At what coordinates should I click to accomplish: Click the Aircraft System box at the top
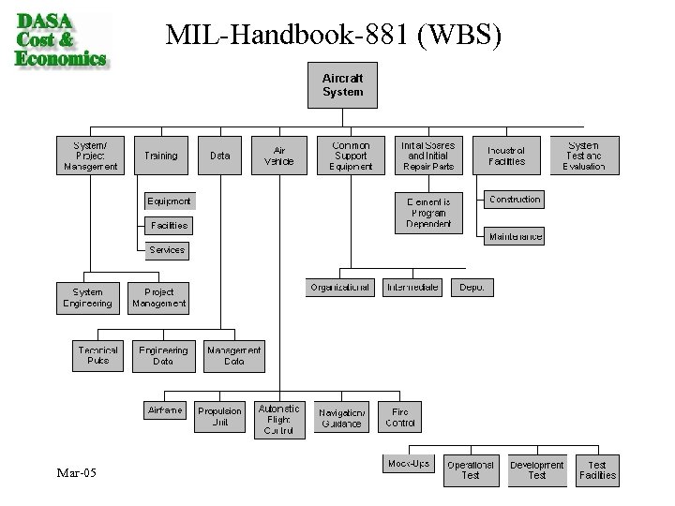(343, 86)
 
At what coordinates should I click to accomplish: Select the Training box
(161, 156)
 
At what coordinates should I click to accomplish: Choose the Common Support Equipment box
(351, 156)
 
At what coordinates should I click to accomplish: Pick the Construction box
(515, 200)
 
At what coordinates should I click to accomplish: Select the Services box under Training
(168, 250)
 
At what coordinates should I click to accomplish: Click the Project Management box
(159, 297)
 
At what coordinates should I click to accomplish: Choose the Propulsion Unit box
(220, 416)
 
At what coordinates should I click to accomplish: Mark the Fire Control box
(401, 416)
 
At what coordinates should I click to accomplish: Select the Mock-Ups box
(410, 463)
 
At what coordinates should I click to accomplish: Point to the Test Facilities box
(597, 469)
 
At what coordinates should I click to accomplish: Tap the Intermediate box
(412, 288)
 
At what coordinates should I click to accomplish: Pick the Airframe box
(164, 410)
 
